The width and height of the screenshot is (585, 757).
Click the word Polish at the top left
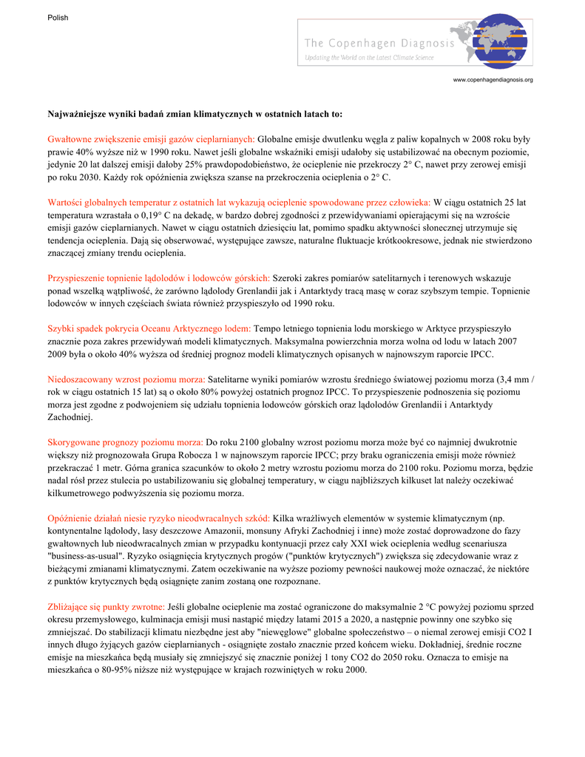coord(58,18)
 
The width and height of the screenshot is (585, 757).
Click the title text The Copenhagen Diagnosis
coord(379,44)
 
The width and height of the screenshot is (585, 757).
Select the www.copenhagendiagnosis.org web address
coord(493,80)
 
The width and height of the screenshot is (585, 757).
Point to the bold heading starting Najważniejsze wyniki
coord(195,115)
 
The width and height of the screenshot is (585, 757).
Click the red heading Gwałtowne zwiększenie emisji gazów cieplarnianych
coord(151,139)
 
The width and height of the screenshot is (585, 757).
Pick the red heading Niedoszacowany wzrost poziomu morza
coord(126,378)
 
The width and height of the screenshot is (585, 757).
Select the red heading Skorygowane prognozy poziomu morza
coord(126,441)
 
